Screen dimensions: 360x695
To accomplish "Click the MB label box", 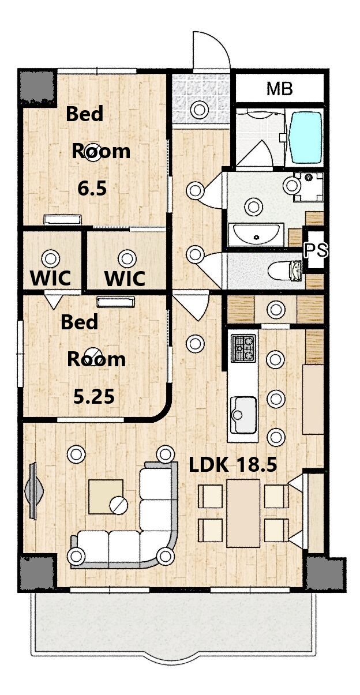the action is pyautogui.click(x=279, y=89).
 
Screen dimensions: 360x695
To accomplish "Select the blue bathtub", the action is pyautogui.click(x=305, y=137).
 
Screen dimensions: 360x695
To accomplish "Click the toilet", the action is pyautogui.click(x=285, y=271).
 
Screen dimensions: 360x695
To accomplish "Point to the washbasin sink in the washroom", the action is pyautogui.click(x=256, y=234).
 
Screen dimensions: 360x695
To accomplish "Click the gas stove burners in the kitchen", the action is pyautogui.click(x=243, y=348).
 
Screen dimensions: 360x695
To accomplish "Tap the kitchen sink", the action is pyautogui.click(x=243, y=415).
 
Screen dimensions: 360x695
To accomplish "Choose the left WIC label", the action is pyautogui.click(x=51, y=278).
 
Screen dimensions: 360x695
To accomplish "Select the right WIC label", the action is pyautogui.click(x=125, y=279).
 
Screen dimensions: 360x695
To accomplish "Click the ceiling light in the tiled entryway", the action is pyautogui.click(x=198, y=109).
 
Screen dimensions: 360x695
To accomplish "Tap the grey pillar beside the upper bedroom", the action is pyautogui.click(x=38, y=88).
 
